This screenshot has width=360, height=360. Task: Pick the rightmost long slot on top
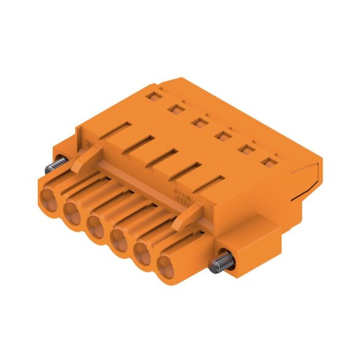point(211,183)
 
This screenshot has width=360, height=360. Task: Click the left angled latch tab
point(84,161)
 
